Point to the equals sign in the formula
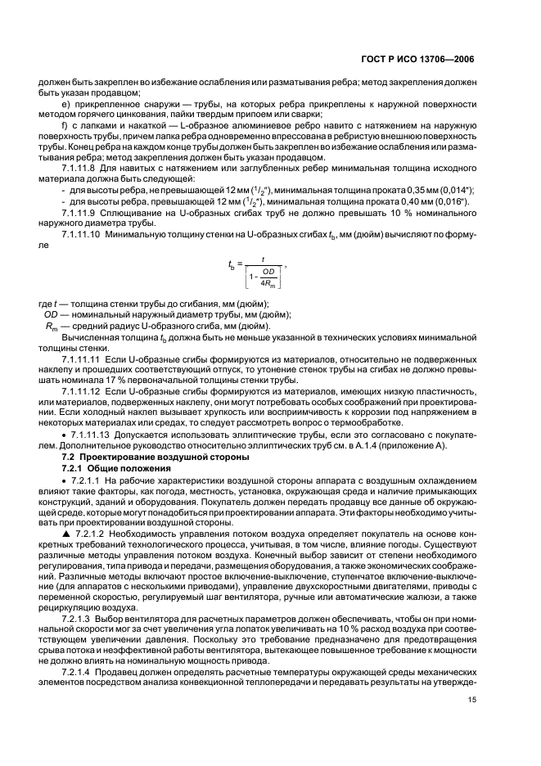(241, 265)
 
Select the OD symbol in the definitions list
(48, 314)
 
